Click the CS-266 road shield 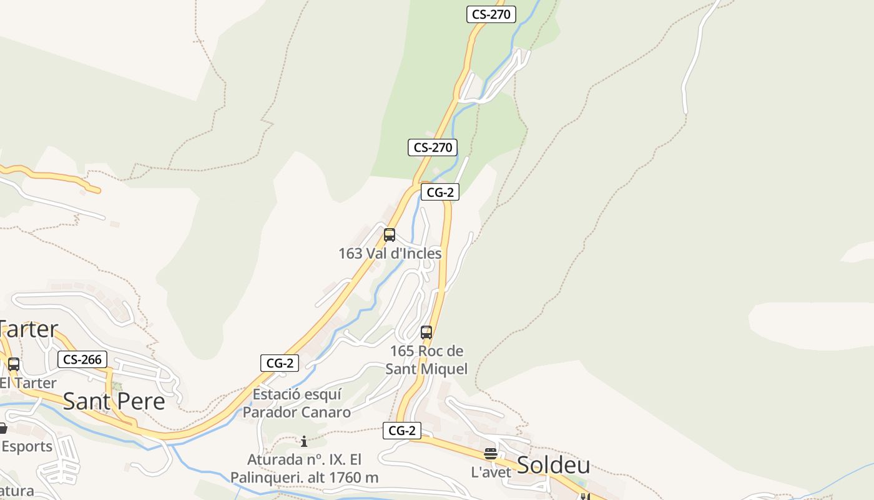(x=82, y=359)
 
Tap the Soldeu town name (x=554, y=464)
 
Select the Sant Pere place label (x=114, y=401)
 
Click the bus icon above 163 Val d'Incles (x=390, y=235)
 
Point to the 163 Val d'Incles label (x=390, y=253)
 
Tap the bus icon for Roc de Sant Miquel (x=426, y=332)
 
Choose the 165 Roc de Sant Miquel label (x=426, y=360)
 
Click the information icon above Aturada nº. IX (x=304, y=442)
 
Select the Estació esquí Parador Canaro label (x=297, y=403)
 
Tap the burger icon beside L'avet (x=491, y=454)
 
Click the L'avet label (x=491, y=472)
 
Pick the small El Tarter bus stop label (x=29, y=382)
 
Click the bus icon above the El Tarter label (x=13, y=364)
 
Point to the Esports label (x=27, y=446)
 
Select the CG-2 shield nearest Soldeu (x=402, y=430)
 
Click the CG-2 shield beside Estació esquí (x=279, y=363)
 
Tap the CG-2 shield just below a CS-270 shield (x=440, y=192)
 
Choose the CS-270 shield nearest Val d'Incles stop (x=433, y=147)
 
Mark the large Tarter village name (x=29, y=329)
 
